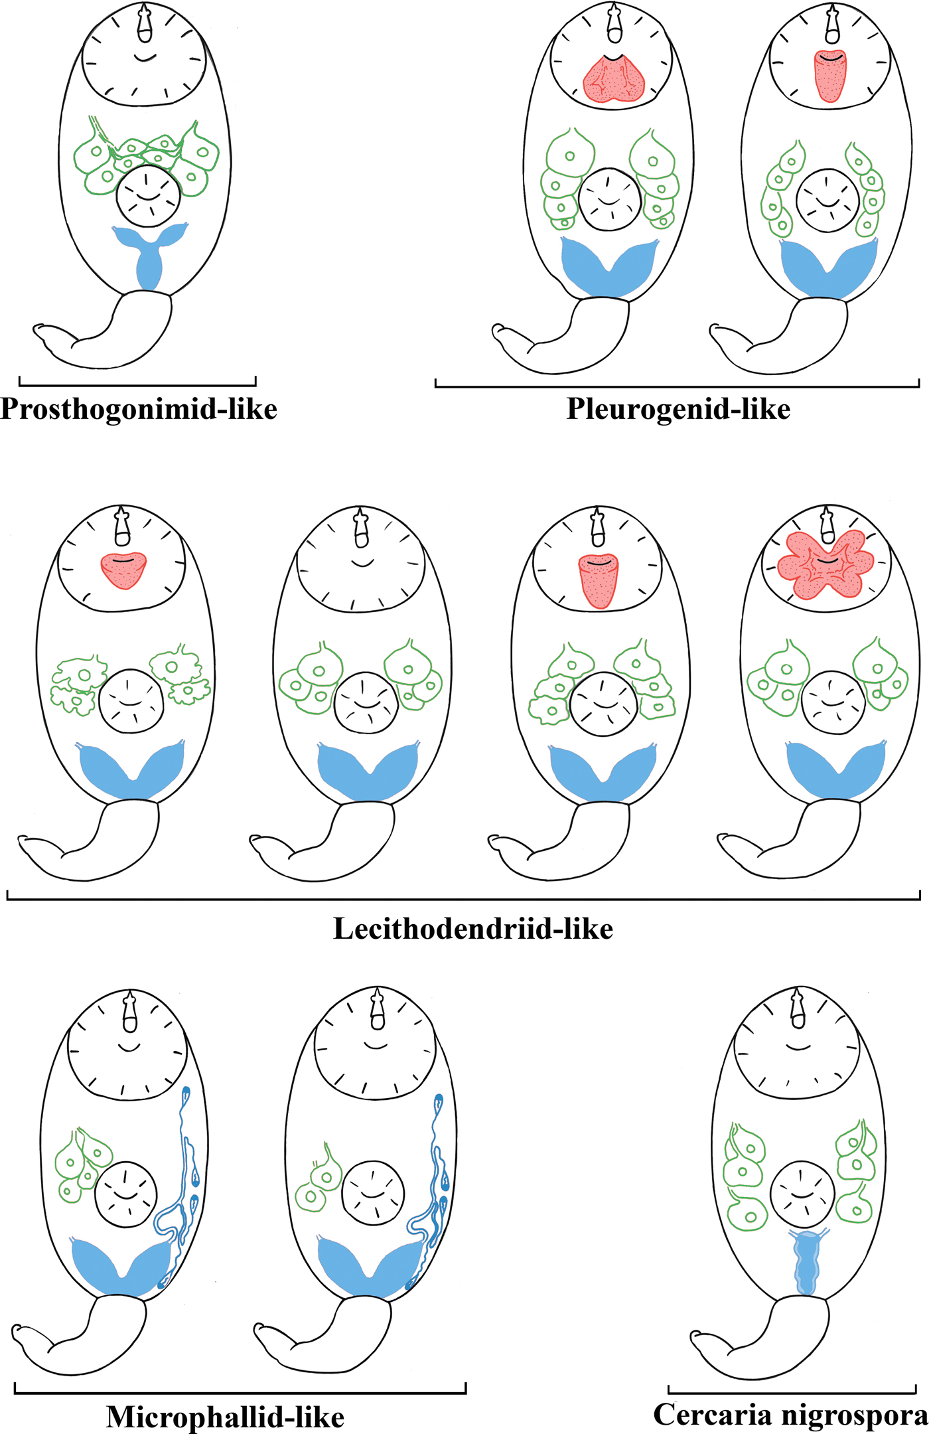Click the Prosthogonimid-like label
pyautogui.click(x=139, y=409)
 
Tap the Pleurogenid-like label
pyautogui.click(x=678, y=409)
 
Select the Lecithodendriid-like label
pyautogui.click(x=472, y=929)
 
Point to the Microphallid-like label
pyautogui.click(x=225, y=1417)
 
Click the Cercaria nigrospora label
pyautogui.click(x=790, y=1414)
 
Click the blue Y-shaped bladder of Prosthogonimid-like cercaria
pyautogui.click(x=149, y=256)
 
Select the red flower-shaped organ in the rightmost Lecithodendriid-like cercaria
pyautogui.click(x=825, y=564)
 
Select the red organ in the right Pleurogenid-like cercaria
pyautogui.click(x=830, y=76)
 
